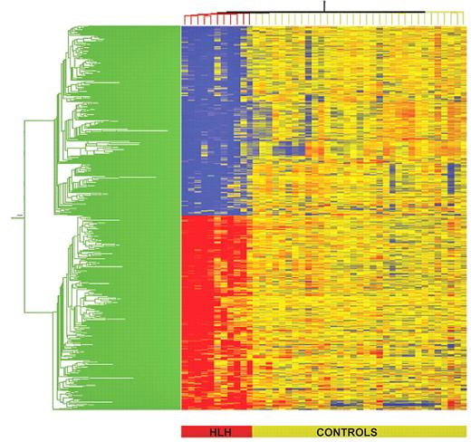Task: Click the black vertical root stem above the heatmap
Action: click(323, 6)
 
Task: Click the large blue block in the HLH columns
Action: click(213, 118)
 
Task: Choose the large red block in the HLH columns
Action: click(213, 308)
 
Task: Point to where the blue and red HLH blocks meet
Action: click(213, 215)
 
